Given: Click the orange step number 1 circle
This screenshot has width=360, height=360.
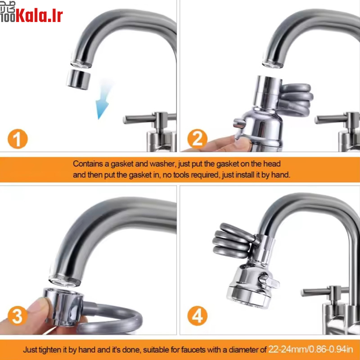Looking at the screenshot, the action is tap(18, 139).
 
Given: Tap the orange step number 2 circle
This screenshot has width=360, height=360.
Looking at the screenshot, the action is tap(197, 139).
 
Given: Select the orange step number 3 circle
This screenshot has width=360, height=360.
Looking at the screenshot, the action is tap(18, 316).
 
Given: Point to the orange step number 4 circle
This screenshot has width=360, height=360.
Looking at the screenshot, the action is tap(197, 316).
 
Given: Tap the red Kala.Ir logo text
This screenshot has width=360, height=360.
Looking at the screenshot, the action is tap(39, 16).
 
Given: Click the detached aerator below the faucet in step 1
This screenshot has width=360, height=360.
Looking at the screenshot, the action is tap(78, 80).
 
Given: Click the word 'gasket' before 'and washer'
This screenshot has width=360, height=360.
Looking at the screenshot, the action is tap(122, 164).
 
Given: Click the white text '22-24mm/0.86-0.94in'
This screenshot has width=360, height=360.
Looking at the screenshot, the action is tap(310, 350).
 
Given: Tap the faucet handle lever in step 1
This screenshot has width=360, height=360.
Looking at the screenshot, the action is tap(140, 119).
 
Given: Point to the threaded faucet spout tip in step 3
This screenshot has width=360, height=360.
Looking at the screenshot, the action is tap(65, 280).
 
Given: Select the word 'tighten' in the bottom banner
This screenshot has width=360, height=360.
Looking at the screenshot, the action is tap(51, 350).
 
